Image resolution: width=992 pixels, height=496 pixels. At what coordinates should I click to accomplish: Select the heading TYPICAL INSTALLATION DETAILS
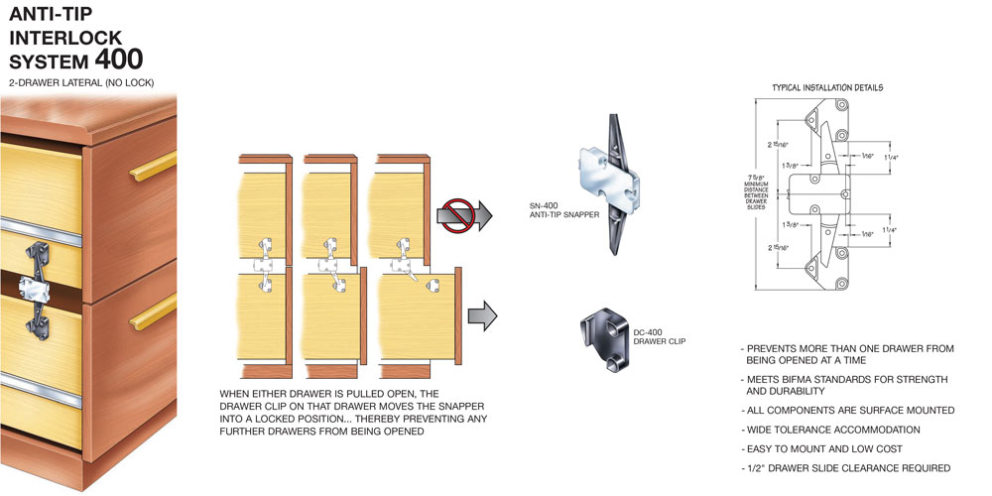click(x=826, y=87)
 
